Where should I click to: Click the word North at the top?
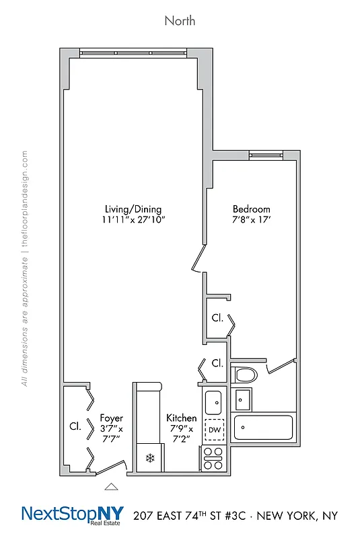(180, 21)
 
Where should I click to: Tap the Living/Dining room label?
(133, 208)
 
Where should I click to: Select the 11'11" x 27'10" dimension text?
(133, 220)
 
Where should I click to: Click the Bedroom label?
(252, 208)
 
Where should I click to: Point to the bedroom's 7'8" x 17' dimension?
(252, 220)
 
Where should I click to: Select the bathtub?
(263, 428)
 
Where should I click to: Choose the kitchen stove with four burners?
(214, 458)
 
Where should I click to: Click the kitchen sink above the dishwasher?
(214, 403)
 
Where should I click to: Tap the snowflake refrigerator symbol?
(149, 459)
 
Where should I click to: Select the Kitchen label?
(182, 418)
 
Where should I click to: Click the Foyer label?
(111, 418)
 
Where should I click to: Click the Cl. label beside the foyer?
(75, 426)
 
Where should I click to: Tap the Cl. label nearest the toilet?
(217, 363)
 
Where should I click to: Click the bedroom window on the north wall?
(264, 156)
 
